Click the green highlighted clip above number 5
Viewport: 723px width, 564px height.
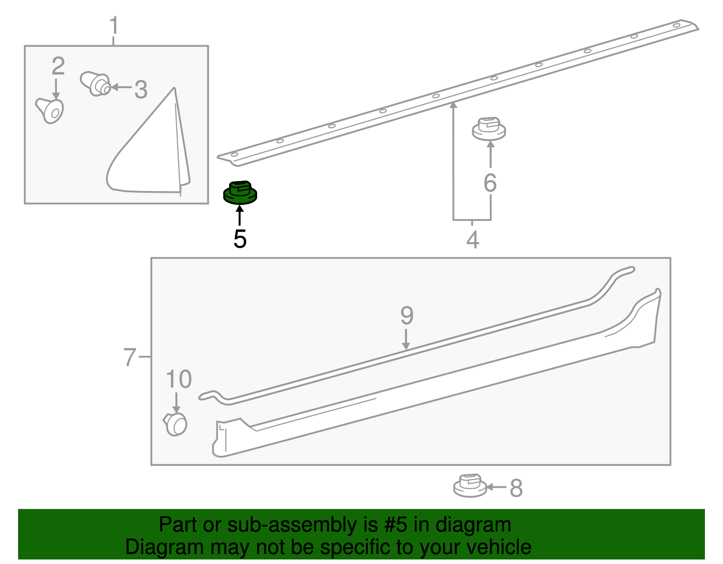pos(240,192)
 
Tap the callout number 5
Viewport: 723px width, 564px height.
pos(240,239)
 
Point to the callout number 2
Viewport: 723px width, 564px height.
pos(58,66)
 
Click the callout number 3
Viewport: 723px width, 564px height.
pos(141,89)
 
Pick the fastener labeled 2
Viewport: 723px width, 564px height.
pos(50,110)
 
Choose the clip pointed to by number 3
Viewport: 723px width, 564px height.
pos(95,84)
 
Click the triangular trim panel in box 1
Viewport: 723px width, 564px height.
pos(148,146)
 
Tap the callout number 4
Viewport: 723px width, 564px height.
pos(473,239)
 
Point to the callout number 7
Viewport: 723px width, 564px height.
pos(130,357)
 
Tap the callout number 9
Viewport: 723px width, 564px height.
pos(407,315)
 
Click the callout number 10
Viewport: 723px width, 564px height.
pos(178,379)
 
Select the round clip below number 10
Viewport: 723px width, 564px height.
pos(175,424)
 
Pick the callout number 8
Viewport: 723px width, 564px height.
pos(516,488)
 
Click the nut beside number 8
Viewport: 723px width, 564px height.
pos(470,485)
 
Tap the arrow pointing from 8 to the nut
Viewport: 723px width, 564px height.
pos(497,488)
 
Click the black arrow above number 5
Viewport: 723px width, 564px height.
pos(239,215)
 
